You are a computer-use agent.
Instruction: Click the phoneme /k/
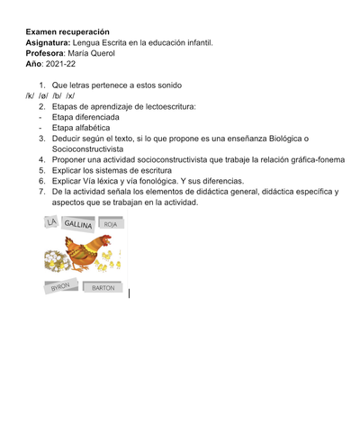tap(30, 94)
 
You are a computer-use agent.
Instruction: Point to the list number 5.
tap(41, 170)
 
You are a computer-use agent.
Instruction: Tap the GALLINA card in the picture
tap(78, 224)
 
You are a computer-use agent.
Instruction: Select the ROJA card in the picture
tap(110, 224)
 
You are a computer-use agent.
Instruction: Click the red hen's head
tap(104, 240)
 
